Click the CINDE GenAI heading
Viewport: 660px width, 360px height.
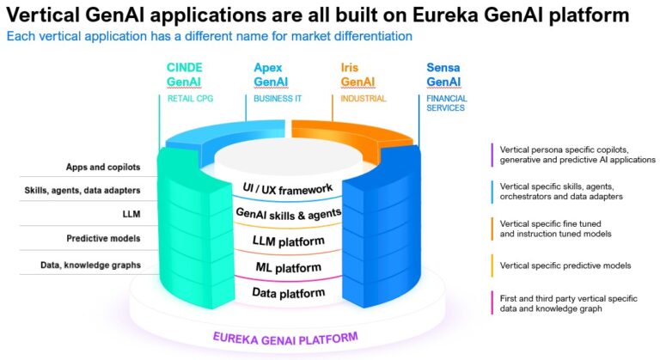[185, 75]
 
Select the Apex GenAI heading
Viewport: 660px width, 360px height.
[272, 75]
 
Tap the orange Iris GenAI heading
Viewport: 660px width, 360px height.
[358, 75]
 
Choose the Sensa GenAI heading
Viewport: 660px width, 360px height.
[444, 75]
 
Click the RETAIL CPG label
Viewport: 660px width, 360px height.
[190, 99]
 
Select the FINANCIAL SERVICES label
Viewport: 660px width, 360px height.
[447, 104]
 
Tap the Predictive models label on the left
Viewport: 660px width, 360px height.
[104, 238]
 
